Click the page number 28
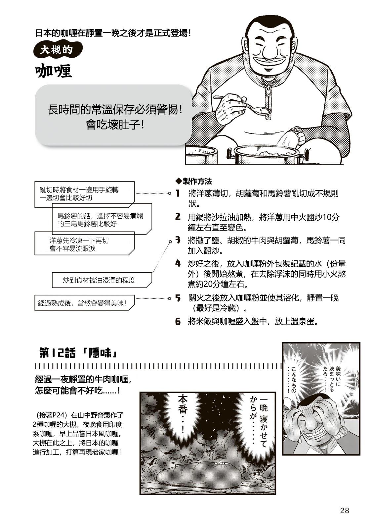point(344,510)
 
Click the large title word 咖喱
point(54,71)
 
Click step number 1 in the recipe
point(178,193)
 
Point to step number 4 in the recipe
point(178,263)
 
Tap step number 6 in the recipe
point(178,321)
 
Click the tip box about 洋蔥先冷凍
point(84,244)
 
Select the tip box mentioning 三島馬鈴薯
point(102,220)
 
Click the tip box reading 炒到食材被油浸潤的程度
point(101,280)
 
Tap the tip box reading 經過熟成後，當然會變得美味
point(84,303)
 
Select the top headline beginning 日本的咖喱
point(113,33)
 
